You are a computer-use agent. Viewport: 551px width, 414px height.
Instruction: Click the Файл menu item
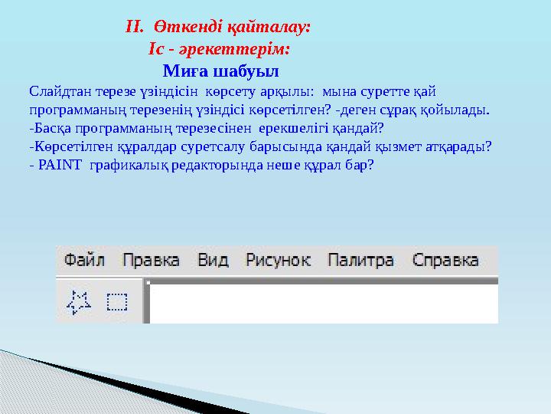pyautogui.click(x=83, y=261)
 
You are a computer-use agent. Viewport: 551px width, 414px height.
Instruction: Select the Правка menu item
pyautogui.click(x=151, y=261)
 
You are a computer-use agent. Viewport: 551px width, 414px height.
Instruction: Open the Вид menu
pyautogui.click(x=213, y=261)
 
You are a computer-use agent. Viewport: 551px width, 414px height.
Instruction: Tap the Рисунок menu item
pyautogui.click(x=277, y=261)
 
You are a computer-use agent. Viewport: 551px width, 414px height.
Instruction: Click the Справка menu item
pyautogui.click(x=445, y=261)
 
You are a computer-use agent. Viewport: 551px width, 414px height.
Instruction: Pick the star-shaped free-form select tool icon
pyautogui.click(x=78, y=301)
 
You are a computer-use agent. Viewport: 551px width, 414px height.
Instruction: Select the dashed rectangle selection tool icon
pyautogui.click(x=116, y=301)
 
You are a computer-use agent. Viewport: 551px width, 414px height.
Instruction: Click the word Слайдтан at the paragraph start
pyautogui.click(x=56, y=91)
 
